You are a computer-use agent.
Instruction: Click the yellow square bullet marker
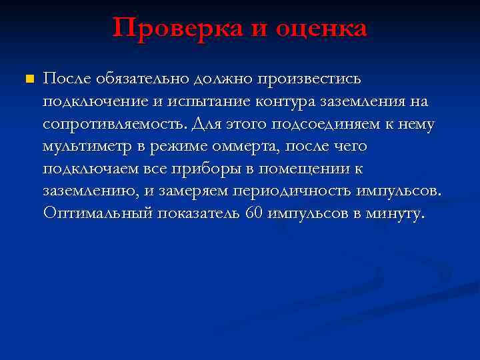point(27,79)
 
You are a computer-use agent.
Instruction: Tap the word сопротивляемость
point(115,124)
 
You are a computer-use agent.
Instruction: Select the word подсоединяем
point(312,124)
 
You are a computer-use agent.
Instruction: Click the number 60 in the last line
point(254,213)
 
